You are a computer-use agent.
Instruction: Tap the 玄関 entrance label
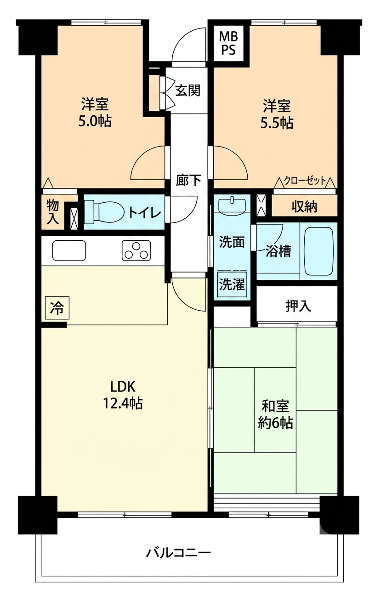coord(188,91)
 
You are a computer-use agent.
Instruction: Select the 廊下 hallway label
coord(189,181)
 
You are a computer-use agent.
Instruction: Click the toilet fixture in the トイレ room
coord(105,212)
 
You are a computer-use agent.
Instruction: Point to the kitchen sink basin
coord(69,250)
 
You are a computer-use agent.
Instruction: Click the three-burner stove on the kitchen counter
coord(136,250)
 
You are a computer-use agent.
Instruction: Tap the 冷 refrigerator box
coord(57,308)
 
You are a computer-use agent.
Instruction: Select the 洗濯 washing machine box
coord(232,284)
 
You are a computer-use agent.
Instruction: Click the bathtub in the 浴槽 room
coord(319,251)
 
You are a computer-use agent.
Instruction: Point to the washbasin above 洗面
coord(232,204)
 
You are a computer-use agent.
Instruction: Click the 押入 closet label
coord(298,306)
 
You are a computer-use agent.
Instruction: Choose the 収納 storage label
coord(304,207)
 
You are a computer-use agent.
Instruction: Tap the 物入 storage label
coord(53,212)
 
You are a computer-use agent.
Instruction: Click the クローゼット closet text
coord(305,181)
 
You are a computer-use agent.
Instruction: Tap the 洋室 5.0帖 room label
coord(95,113)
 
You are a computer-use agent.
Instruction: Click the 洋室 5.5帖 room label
coord(277,114)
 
